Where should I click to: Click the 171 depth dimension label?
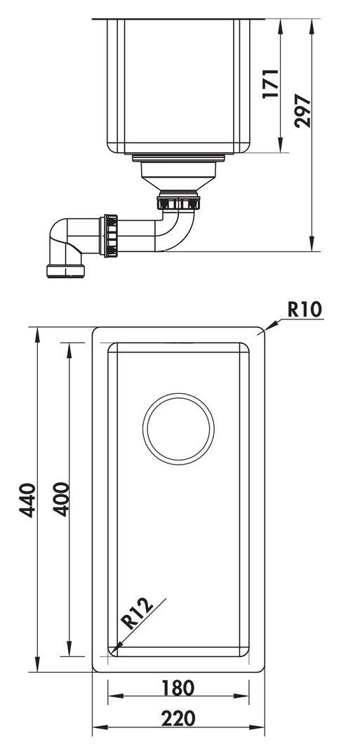click(271, 84)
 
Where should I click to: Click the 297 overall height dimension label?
click(302, 111)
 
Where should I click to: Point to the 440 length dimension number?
click(27, 500)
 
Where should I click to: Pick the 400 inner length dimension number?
click(60, 499)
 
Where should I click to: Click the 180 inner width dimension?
click(178, 687)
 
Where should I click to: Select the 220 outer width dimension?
click(178, 718)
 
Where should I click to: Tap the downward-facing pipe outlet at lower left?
click(65, 271)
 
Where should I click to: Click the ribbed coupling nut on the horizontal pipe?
click(111, 236)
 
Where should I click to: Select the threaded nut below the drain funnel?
click(178, 201)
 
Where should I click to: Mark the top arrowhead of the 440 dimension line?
click(37, 335)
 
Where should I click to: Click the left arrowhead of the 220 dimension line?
click(100, 727)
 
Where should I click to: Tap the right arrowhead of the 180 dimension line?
click(242, 696)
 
